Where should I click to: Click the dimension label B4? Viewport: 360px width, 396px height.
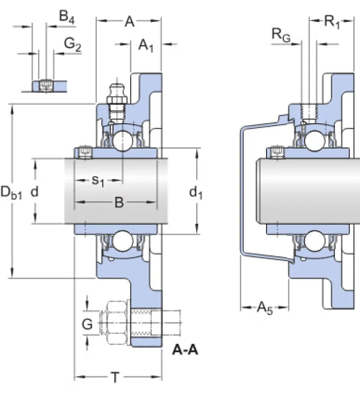67,17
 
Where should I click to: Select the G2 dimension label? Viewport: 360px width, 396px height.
73,44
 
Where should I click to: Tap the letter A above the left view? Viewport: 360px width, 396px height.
130,21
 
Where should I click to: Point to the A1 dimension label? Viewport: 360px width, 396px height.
146,46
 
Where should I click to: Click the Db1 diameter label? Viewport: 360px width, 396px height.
11,193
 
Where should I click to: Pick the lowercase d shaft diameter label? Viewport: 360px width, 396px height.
34,192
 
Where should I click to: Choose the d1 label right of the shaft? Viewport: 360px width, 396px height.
196,193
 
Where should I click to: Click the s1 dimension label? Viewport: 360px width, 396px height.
98,181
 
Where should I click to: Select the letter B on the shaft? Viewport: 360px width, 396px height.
119,202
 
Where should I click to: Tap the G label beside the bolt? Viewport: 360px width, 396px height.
88,324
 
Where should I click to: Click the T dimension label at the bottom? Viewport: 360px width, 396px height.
115,378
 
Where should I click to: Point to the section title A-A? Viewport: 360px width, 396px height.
185,350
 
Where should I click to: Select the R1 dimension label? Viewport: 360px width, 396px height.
332,22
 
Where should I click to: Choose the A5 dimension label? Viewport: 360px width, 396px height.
265,308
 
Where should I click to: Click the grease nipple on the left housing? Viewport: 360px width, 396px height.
116,101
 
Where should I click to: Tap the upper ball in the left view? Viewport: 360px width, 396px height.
122,141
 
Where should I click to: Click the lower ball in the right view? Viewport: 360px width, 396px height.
315,241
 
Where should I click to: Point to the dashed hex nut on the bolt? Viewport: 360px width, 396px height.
116,323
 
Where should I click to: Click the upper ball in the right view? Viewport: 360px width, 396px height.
315,141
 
